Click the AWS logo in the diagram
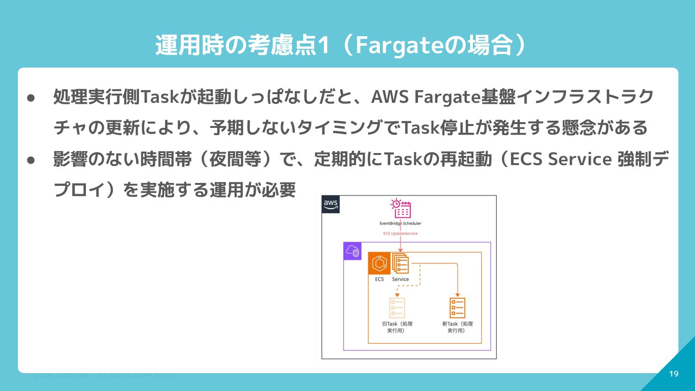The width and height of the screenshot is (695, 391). coord(331,204)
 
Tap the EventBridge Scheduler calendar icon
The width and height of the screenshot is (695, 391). coord(401,209)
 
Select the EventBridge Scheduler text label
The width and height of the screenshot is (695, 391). coord(400,223)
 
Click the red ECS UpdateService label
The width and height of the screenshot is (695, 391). coord(400,234)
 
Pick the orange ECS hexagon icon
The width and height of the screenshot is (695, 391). coord(379,264)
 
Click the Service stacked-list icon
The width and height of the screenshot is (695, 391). coord(400,264)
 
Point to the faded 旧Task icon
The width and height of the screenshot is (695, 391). coord(397,307)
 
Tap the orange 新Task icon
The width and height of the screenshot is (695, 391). coord(457,307)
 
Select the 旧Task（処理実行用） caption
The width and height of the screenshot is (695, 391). coord(397,327)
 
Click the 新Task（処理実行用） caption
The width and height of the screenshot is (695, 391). coord(457,327)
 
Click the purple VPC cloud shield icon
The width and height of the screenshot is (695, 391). coord(352,251)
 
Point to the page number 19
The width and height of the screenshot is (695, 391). coord(674,374)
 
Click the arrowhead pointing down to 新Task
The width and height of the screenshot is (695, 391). coord(457,295)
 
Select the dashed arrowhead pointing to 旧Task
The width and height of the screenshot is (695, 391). coord(397,295)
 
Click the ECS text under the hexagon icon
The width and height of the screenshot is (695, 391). coord(379,279)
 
